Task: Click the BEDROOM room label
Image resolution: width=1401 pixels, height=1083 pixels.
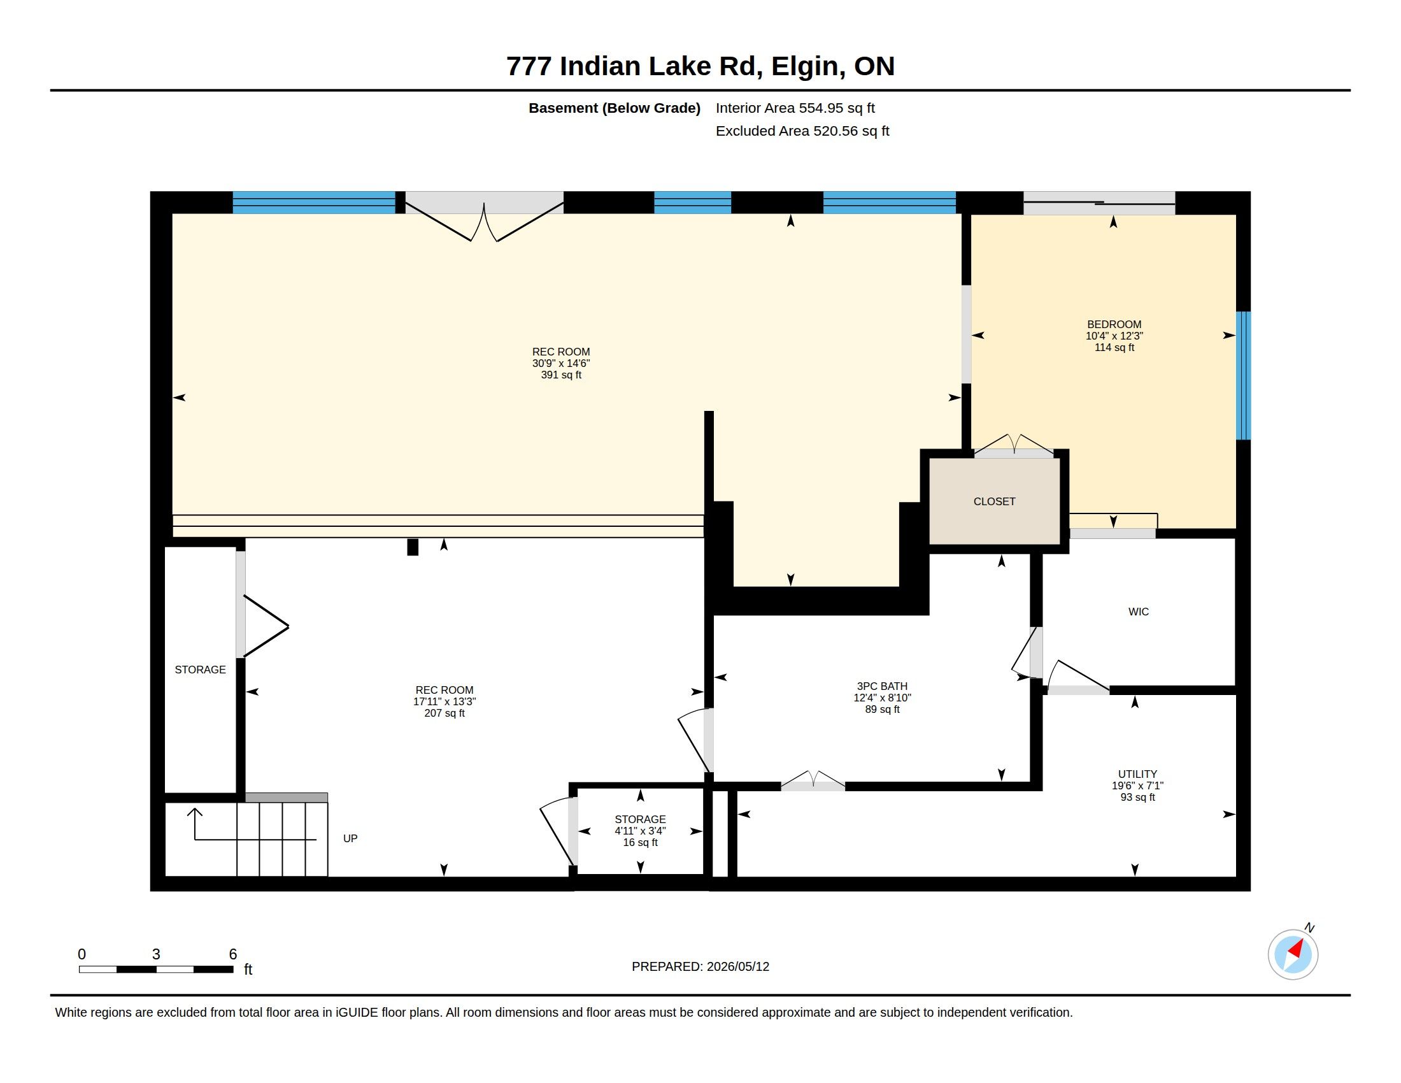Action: point(1114,325)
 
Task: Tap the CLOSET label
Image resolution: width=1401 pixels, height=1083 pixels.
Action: point(994,502)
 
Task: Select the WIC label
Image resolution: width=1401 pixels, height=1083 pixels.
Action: point(1139,612)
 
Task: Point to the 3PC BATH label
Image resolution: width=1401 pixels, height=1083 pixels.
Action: point(882,687)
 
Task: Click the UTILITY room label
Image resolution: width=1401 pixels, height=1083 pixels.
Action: point(1137,775)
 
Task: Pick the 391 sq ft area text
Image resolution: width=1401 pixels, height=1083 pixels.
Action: point(560,375)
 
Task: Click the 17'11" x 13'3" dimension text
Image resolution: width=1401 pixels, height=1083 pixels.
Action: point(444,702)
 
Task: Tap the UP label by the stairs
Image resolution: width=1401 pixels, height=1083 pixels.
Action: point(350,838)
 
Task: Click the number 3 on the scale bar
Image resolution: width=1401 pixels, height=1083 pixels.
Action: point(156,954)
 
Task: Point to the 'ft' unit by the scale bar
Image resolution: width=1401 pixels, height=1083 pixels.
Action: point(248,970)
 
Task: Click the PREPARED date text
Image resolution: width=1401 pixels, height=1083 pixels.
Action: point(700,966)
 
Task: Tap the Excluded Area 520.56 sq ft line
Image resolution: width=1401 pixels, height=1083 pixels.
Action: point(802,131)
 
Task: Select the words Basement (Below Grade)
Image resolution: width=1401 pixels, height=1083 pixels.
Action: point(615,108)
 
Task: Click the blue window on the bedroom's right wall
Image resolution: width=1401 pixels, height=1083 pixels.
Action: point(1243,376)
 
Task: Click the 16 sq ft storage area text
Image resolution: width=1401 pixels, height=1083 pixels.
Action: point(640,842)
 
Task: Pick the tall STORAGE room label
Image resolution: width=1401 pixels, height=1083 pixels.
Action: point(200,670)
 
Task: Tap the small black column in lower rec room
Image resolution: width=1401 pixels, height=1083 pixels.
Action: point(413,547)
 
